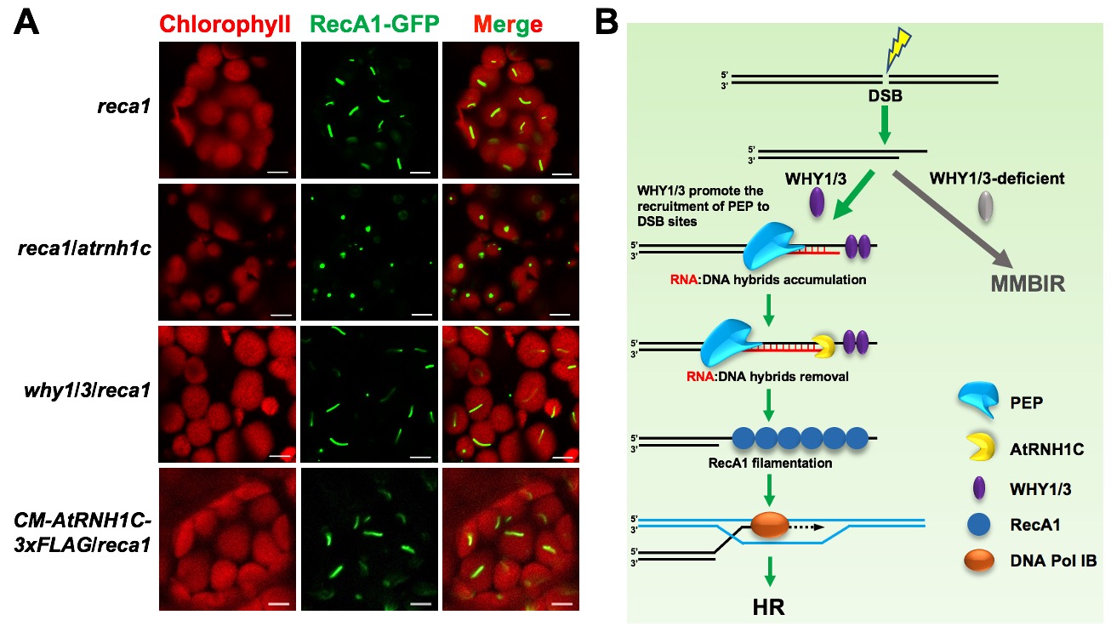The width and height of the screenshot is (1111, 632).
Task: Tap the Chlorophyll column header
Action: point(227,23)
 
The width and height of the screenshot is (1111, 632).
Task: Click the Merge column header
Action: point(509,23)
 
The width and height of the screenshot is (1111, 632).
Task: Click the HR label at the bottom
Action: point(769,606)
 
